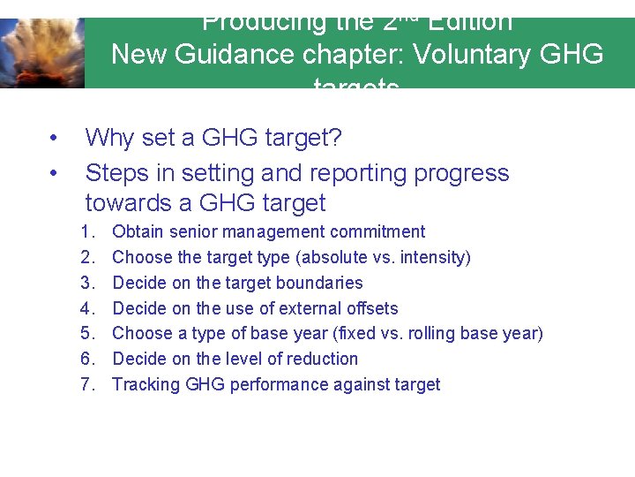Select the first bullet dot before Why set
[x=54, y=139]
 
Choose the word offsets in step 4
[x=370, y=309]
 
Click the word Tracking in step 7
[x=146, y=385]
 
